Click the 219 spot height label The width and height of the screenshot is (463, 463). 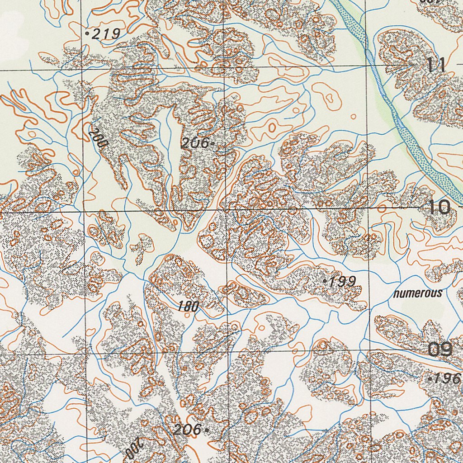(106, 33)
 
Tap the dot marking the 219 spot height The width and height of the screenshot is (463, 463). (87, 33)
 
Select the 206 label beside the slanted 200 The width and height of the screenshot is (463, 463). (195, 143)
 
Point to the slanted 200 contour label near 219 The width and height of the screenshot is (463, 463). (98, 138)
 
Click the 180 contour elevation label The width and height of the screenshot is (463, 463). (188, 307)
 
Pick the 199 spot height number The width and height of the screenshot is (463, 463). (342, 282)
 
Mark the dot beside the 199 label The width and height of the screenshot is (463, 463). (325, 281)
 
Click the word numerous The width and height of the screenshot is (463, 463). (418, 293)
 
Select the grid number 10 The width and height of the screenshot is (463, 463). (439, 208)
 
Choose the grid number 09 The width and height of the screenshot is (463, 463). (440, 350)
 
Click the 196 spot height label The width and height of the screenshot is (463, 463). (448, 379)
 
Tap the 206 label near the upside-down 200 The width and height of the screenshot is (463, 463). (187, 430)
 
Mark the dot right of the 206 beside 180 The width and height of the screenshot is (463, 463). (207, 430)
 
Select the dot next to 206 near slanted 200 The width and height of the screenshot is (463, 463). (213, 144)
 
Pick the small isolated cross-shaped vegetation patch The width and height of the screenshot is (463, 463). (142, 247)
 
